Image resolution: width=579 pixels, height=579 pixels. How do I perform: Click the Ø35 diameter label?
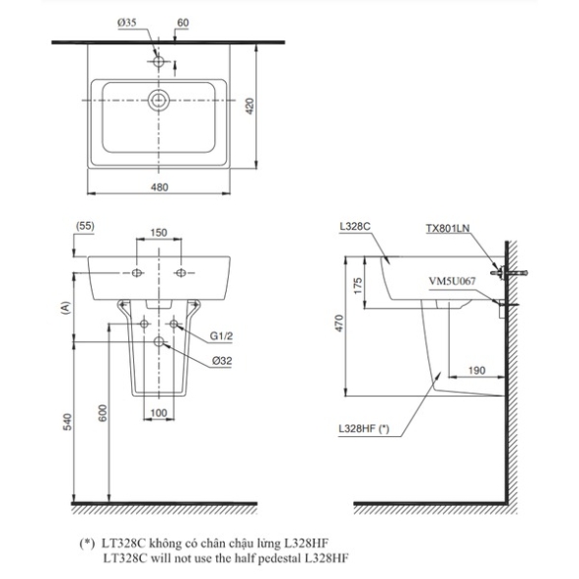(x=127, y=23)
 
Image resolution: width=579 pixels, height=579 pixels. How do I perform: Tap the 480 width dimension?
(x=159, y=187)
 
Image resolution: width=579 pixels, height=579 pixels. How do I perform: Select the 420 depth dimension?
(x=250, y=107)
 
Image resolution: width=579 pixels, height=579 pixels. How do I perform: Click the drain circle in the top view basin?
(x=159, y=100)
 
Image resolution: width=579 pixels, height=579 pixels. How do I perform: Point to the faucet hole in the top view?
(x=159, y=61)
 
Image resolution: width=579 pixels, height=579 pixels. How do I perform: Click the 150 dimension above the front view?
(x=159, y=233)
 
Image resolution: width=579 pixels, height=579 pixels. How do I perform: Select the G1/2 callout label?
(x=222, y=336)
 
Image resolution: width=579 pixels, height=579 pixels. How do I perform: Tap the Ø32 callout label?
(x=222, y=361)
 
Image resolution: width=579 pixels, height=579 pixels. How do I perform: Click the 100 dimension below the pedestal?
(x=159, y=412)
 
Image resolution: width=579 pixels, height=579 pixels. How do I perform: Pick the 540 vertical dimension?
(x=68, y=422)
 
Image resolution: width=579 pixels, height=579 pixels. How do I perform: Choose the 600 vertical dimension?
(x=103, y=413)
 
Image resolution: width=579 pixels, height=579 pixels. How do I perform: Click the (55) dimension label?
(x=85, y=226)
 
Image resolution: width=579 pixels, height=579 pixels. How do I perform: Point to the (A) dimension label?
(x=65, y=308)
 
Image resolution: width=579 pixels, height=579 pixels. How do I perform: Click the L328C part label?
(x=355, y=226)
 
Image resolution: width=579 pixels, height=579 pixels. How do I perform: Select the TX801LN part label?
(x=448, y=228)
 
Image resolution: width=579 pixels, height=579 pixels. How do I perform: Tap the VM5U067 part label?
(x=452, y=281)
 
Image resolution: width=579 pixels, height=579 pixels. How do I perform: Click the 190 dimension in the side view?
(x=476, y=370)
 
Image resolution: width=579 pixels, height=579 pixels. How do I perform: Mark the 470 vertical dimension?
(x=339, y=324)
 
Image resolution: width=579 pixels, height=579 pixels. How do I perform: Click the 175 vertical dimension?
(x=358, y=286)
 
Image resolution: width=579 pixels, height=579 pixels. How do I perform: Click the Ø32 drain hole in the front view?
(x=159, y=341)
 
